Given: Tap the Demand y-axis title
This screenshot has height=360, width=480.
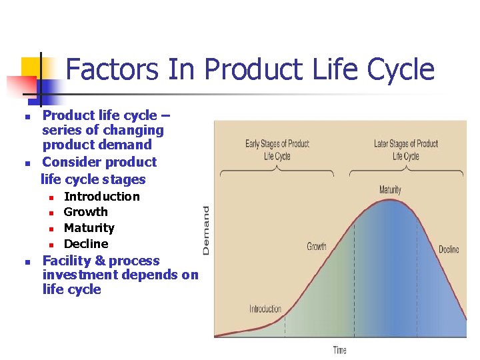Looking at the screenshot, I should [x=206, y=230].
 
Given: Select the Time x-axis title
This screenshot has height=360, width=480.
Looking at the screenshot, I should [x=340, y=350].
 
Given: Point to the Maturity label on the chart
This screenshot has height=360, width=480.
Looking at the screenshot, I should [x=390, y=190].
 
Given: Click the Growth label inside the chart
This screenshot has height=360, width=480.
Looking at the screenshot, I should [x=317, y=247].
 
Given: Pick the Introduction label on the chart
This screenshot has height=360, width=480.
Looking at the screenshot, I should [x=265, y=309].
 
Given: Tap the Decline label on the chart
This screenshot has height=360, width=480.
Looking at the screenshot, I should [x=449, y=250].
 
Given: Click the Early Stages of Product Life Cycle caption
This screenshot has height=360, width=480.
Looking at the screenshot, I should [x=277, y=150].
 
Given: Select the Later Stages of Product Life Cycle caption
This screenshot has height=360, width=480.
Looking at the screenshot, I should [x=405, y=150].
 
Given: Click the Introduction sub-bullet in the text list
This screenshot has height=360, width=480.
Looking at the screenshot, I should [x=101, y=197].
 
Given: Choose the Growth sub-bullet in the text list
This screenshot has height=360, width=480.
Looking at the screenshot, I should [x=85, y=212].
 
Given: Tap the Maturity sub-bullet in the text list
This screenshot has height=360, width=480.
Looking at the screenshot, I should [x=89, y=228].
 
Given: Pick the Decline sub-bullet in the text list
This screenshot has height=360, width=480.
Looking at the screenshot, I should [x=85, y=244].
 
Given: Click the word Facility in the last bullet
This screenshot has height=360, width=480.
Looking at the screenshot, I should [x=65, y=261].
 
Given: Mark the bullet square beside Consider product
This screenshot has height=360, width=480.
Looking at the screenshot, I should [x=27, y=163].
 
